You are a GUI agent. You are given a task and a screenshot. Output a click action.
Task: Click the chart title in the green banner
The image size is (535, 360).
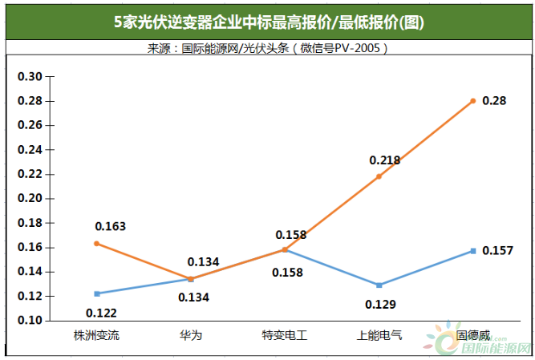268,22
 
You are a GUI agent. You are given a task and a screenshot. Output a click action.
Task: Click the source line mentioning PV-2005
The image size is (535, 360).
268,49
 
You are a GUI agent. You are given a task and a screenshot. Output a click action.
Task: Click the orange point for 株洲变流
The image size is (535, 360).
96,243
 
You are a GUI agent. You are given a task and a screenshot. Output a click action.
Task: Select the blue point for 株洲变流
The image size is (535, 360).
96,293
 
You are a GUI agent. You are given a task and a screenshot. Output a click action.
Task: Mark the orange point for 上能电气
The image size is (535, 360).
379,176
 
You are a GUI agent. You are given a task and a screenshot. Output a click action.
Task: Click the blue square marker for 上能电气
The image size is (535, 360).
379,285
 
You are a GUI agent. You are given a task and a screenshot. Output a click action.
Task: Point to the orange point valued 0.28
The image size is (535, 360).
473,100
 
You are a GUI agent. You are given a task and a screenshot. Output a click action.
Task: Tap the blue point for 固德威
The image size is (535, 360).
473,251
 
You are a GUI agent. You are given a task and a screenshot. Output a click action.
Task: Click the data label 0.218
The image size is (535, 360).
385,160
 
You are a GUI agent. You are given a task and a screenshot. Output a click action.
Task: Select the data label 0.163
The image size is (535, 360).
110,227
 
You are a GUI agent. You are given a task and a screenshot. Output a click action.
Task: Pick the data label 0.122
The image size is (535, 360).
101,313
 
